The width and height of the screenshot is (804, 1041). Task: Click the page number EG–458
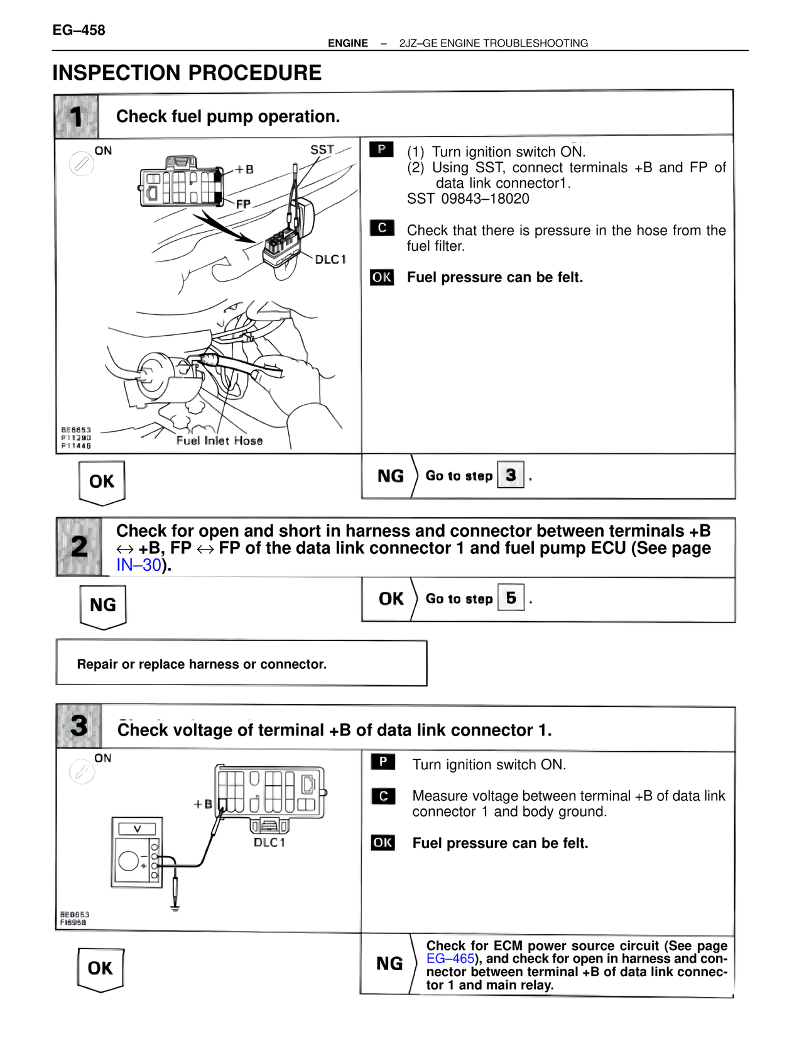(x=79, y=30)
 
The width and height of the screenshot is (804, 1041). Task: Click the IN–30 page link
(x=139, y=565)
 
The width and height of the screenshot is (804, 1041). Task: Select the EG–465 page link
(x=450, y=959)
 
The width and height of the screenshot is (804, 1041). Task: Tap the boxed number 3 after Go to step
(x=510, y=475)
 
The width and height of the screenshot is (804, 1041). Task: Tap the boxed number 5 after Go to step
(x=511, y=598)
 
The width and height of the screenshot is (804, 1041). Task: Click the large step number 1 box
(x=77, y=117)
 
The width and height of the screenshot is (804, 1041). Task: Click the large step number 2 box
(x=79, y=546)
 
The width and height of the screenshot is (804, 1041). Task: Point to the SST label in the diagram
(x=322, y=150)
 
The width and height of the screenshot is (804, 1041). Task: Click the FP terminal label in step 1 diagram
(x=243, y=204)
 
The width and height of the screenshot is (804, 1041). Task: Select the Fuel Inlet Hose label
(x=219, y=441)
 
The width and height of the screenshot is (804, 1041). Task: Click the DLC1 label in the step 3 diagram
(x=269, y=842)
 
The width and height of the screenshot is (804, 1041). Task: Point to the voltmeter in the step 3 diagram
(x=136, y=852)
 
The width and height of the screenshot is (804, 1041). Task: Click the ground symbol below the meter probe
(x=175, y=908)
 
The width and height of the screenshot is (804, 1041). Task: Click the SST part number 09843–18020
(x=485, y=199)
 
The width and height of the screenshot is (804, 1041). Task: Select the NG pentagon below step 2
(x=103, y=606)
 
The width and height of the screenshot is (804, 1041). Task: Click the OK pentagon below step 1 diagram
(x=102, y=482)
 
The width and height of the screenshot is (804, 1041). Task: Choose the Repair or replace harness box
(x=241, y=664)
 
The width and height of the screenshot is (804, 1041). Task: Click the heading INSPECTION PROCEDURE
(x=187, y=73)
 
